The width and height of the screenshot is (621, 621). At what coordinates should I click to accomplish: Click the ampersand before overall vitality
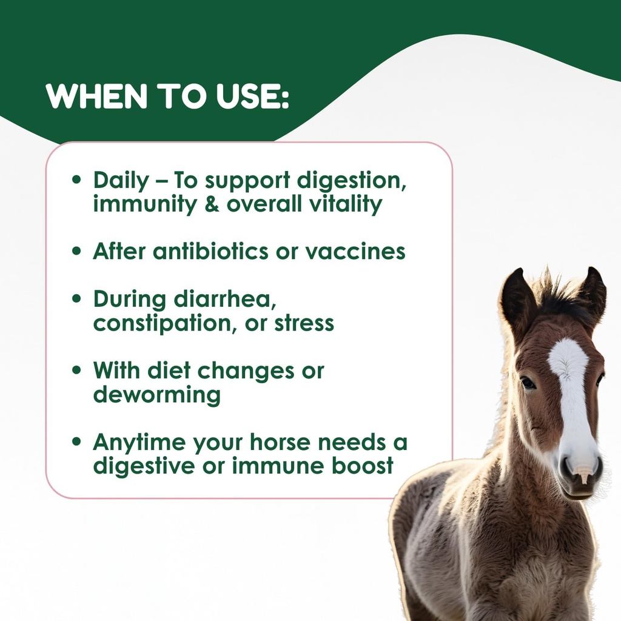pos(210,204)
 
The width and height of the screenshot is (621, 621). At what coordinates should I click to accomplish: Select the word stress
pos(304,323)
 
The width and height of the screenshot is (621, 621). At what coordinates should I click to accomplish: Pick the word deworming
pos(156,395)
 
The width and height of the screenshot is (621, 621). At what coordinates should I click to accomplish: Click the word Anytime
pos(139,443)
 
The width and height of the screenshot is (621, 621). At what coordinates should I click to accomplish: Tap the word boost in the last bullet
pos(362,466)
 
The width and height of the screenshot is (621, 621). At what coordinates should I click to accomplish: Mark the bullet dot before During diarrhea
pos(76,300)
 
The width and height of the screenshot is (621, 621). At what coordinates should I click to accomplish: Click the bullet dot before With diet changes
pos(76,371)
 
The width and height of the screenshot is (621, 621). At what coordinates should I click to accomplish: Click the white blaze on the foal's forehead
pos(568,364)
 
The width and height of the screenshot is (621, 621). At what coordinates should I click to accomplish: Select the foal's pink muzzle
pos(581,471)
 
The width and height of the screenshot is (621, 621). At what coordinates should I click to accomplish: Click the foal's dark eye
pos(528,383)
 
